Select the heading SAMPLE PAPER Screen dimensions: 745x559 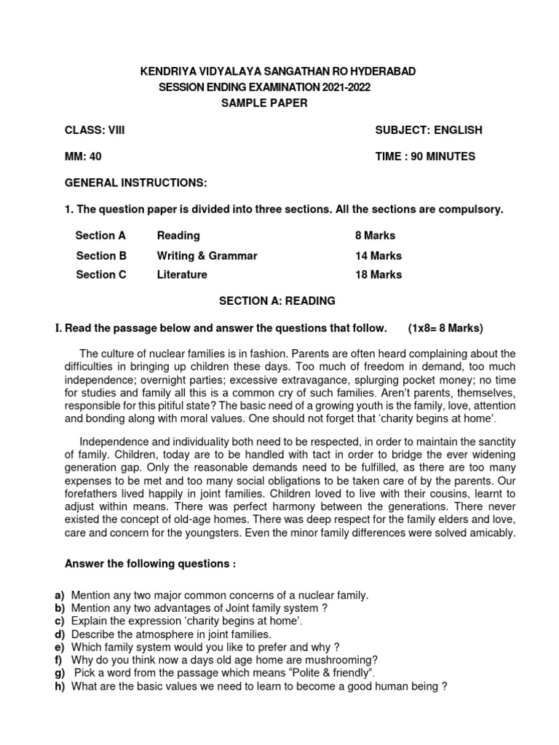point(264,103)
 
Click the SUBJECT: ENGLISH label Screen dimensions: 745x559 point(429,130)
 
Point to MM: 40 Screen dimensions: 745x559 point(83,156)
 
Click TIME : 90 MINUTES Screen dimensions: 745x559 point(425,156)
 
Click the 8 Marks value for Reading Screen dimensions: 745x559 point(375,236)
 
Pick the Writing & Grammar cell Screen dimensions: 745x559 point(207,256)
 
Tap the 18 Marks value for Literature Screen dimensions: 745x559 point(378,275)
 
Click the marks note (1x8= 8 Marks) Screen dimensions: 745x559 point(445,327)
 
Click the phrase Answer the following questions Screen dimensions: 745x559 point(151,565)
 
